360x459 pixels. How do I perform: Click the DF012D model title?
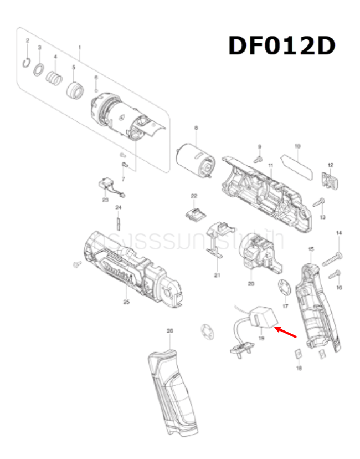282,45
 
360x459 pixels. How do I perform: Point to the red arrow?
286,331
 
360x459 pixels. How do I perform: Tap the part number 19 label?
261,338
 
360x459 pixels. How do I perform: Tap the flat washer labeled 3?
39,70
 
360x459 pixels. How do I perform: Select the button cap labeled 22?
194,213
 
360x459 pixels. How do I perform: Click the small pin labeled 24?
118,221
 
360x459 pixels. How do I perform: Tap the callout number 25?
126,302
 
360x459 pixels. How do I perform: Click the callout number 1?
79,48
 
